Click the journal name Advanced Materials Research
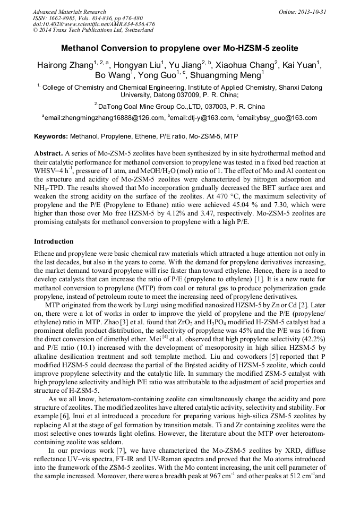coord(69,12)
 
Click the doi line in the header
coord(93,24)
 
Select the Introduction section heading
coord(54,241)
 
